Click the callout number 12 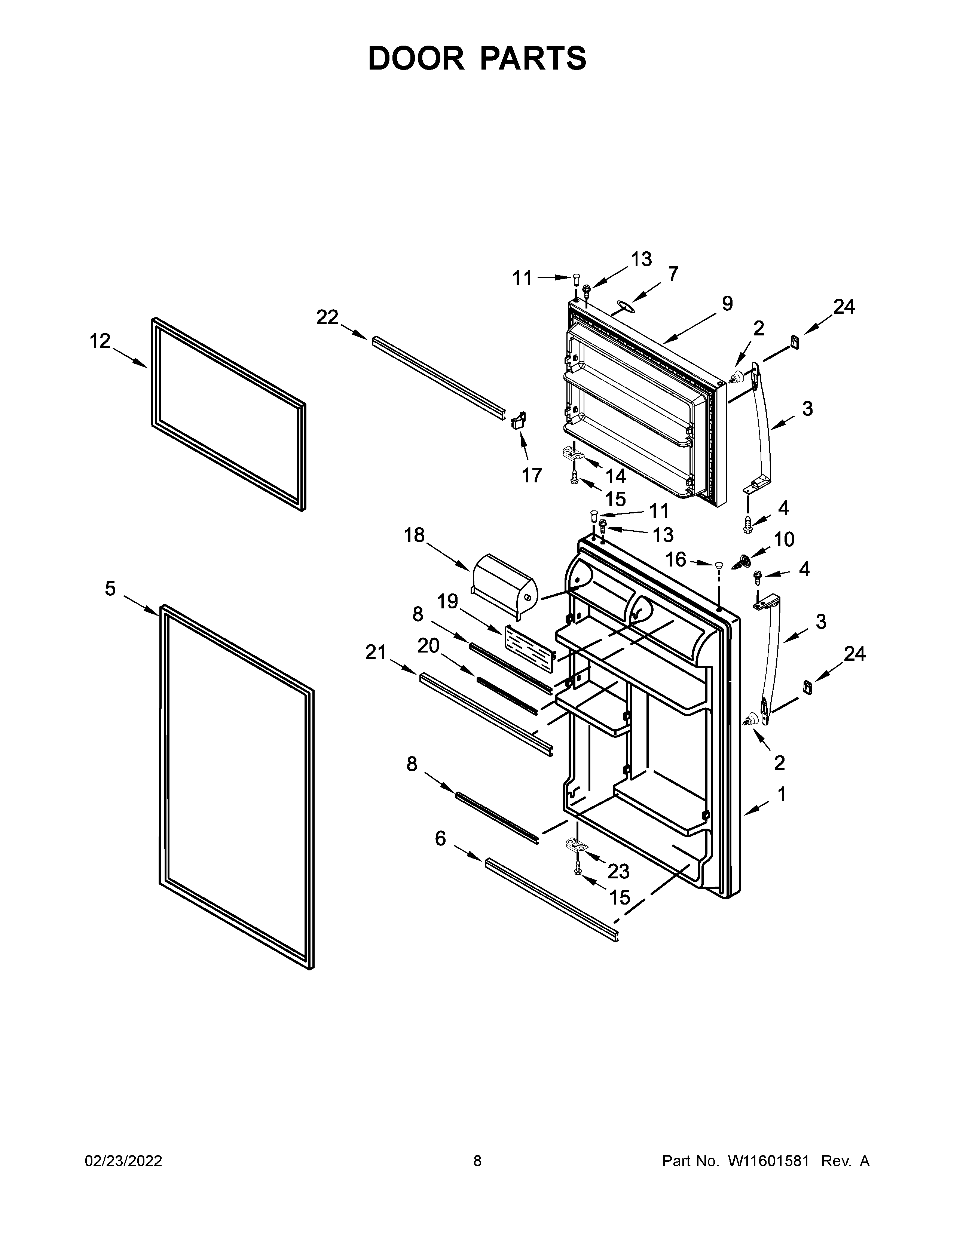point(100,341)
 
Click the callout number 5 point(110,589)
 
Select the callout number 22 point(327,317)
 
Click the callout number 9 point(727,304)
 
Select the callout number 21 point(376,653)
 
